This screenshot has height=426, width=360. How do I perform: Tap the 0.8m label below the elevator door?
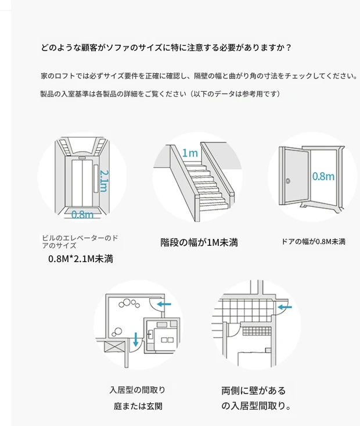pos(82,214)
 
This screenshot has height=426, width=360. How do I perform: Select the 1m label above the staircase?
pos(189,153)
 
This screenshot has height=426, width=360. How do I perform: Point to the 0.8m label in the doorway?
pos(323,176)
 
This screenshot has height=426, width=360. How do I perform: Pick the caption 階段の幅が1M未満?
pos(199,242)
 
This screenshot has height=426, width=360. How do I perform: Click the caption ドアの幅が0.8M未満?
pos(313,241)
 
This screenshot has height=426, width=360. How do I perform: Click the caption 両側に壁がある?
pos(253,391)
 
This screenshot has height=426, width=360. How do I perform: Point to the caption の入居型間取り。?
pos(255,406)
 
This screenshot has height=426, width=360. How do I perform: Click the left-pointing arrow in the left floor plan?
pos(164,304)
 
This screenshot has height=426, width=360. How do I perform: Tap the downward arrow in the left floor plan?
pos(135,339)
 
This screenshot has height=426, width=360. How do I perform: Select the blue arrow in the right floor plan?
pos(285,306)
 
